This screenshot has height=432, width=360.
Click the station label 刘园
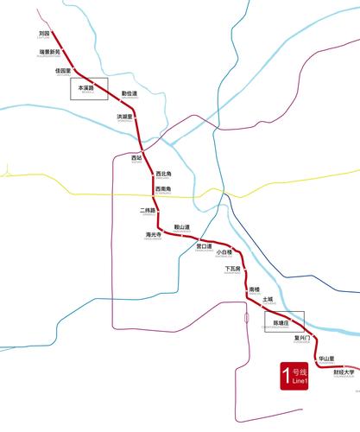[x=44, y=33]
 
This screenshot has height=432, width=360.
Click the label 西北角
[x=163, y=174]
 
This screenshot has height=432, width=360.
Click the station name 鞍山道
[x=182, y=227]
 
